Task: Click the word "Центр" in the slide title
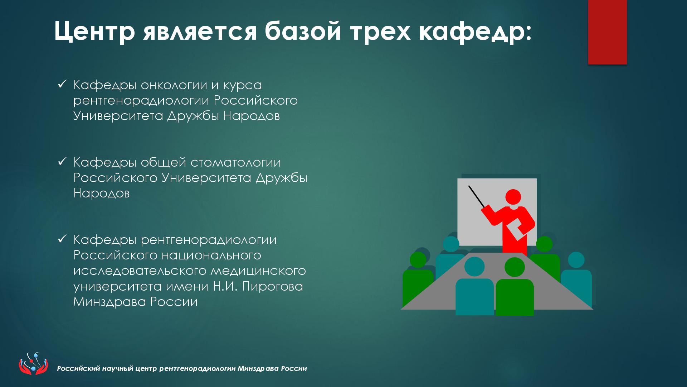95,31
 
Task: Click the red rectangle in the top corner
607,32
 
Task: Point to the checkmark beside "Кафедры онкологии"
62,84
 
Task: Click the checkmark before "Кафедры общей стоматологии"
62,162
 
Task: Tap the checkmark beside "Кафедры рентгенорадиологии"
62,239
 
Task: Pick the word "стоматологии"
236,163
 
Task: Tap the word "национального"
211,255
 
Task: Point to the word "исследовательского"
140,271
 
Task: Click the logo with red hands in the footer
33,363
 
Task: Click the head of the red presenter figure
513,197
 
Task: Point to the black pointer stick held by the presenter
477,196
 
